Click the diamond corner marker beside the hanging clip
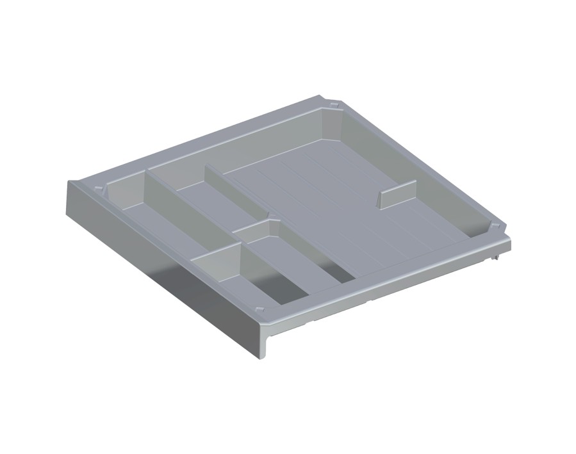tap(494, 228)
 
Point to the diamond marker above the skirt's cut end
tap(259, 309)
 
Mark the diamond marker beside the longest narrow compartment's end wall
tap(97, 189)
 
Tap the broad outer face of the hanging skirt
tap(160, 269)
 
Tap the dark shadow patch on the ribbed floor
tap(340, 272)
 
